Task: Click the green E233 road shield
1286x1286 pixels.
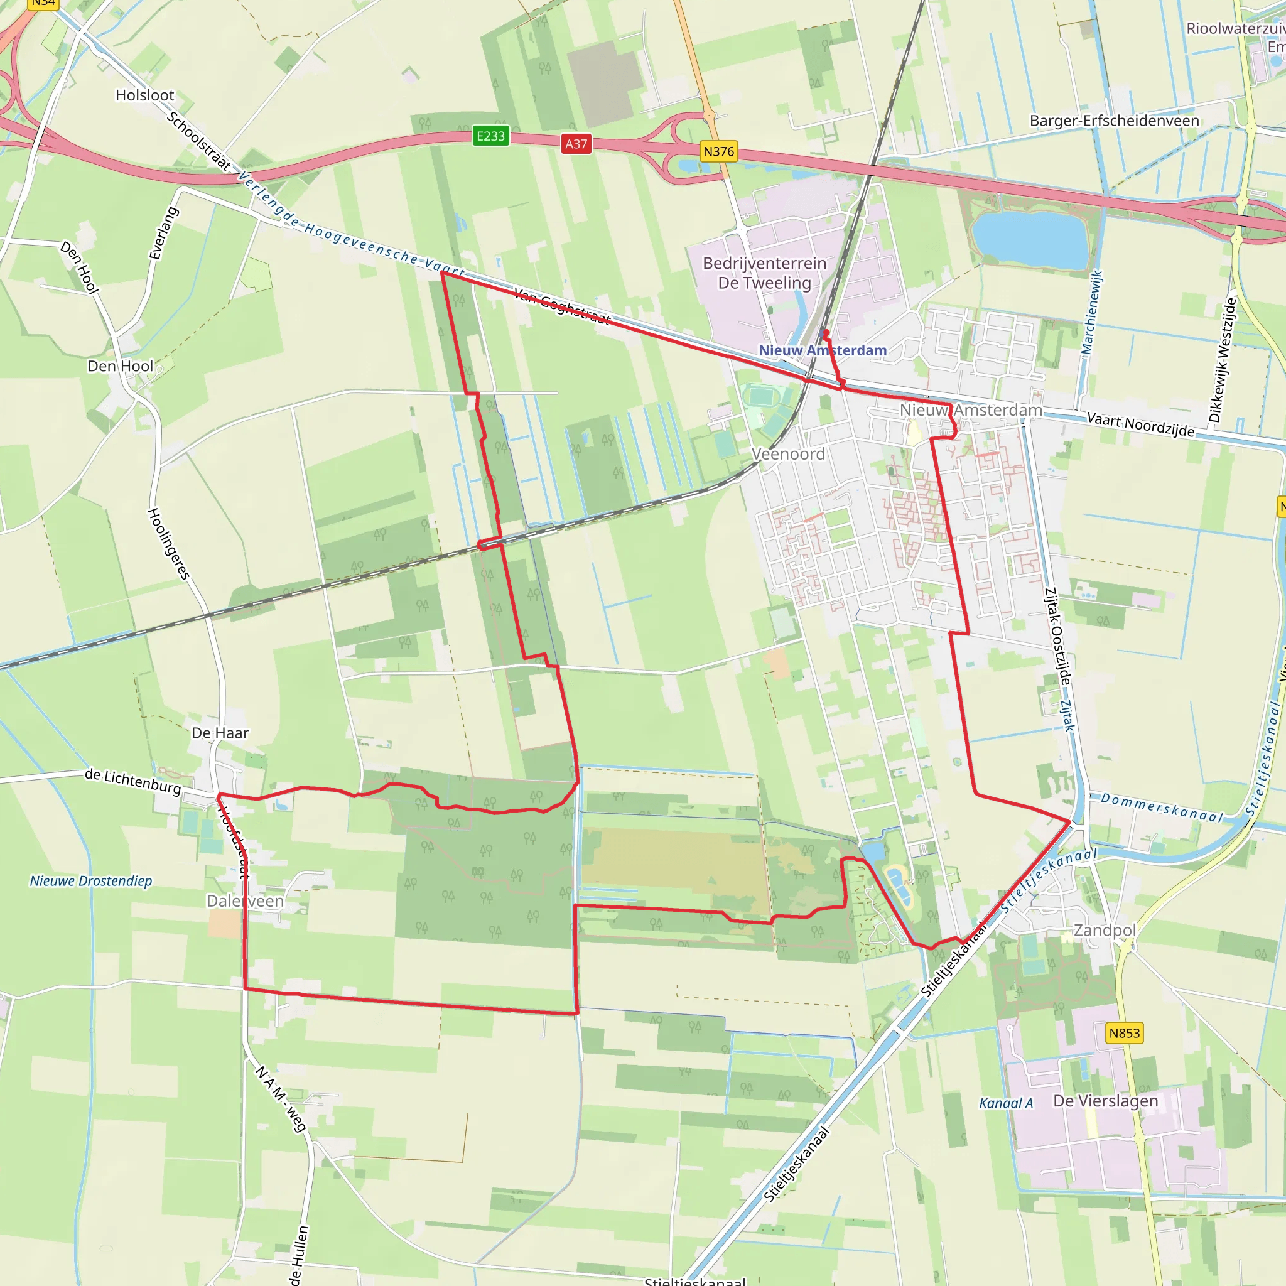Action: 490,136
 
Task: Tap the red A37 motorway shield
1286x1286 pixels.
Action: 576,144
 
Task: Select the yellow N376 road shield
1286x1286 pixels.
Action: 718,152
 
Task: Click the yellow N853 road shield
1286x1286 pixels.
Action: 1124,1033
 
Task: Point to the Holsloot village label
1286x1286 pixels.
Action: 144,95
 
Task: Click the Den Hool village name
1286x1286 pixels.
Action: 121,366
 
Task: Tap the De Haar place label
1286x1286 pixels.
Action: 220,733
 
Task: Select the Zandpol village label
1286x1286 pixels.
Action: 1105,930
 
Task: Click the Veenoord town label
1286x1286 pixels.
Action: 788,454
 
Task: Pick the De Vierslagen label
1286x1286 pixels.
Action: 1105,1101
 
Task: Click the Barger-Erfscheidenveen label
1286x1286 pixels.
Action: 1115,121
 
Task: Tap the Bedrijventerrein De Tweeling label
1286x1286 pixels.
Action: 764,273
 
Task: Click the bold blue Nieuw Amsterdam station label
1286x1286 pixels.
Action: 823,350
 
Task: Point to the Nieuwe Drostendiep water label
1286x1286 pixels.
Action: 90,880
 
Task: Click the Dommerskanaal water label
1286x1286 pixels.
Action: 1162,808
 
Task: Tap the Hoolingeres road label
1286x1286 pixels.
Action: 168,543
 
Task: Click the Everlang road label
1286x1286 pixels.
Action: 163,233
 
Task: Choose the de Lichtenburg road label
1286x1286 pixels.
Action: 132,781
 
